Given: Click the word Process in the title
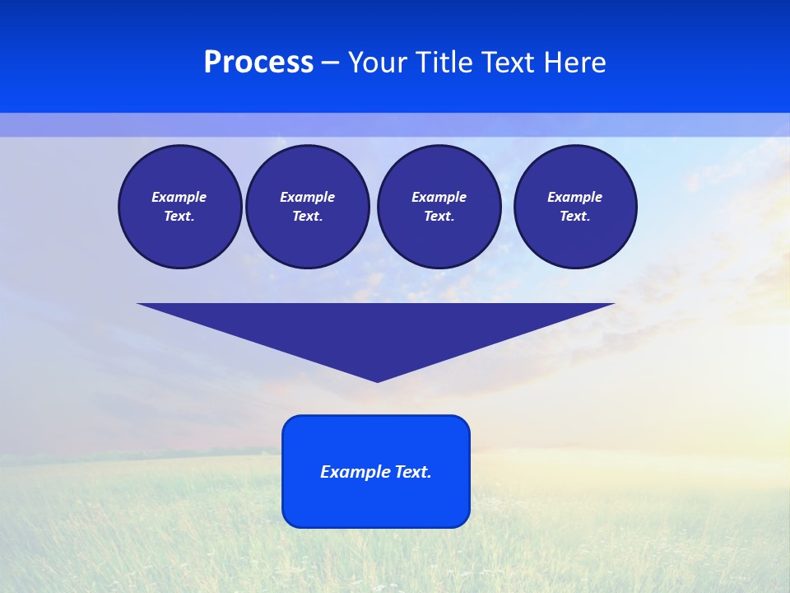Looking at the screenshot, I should [258, 63].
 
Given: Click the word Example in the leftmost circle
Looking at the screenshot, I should [179, 197].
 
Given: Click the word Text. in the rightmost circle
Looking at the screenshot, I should [574, 216].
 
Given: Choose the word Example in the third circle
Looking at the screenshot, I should [439, 197].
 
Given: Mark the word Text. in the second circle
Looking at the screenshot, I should [307, 216].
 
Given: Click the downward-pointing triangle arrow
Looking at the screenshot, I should [376, 329].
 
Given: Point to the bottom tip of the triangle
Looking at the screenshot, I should [377, 380].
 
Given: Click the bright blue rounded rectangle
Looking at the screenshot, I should [376, 502].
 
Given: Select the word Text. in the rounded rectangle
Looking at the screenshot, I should [413, 472].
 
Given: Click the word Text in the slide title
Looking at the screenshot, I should [509, 63].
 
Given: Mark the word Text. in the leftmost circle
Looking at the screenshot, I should [179, 216].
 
